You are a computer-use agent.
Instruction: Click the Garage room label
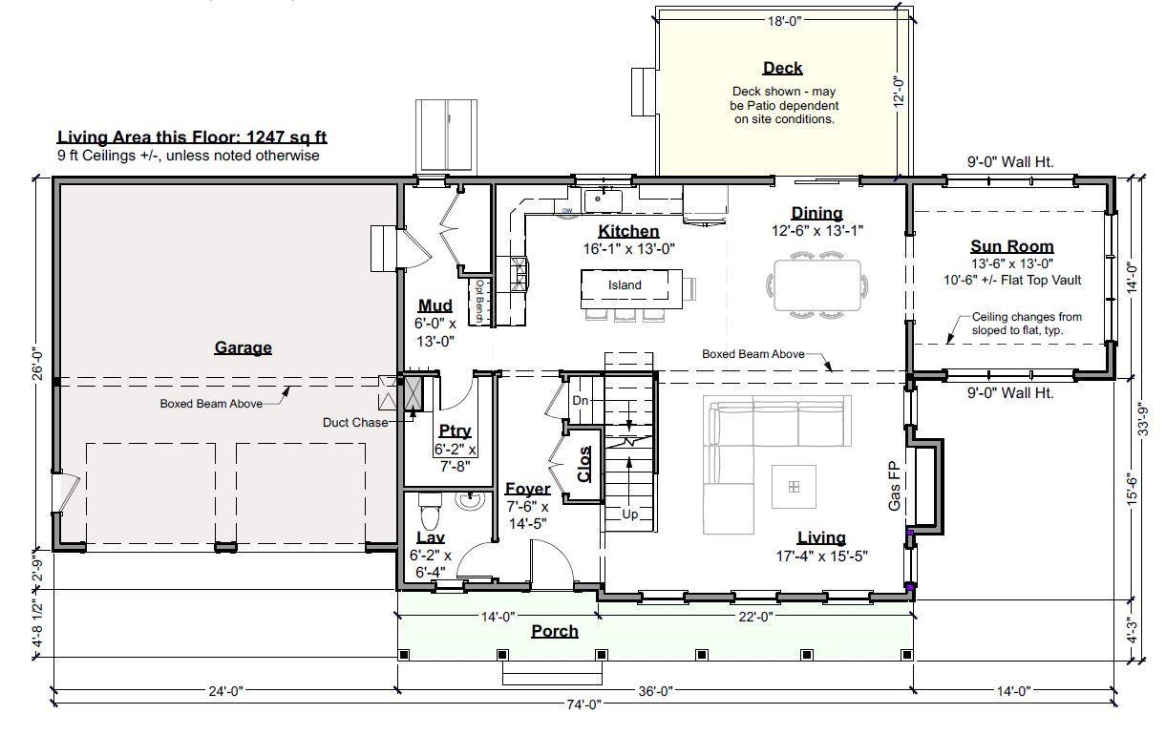pos(244,347)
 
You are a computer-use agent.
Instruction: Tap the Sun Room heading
pos(1012,246)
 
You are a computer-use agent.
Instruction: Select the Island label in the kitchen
pos(625,285)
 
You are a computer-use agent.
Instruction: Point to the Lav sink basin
pos(471,500)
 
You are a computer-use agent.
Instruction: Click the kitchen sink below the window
pos(603,200)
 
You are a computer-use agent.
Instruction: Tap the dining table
pos(817,285)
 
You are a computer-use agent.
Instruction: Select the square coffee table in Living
pos(794,487)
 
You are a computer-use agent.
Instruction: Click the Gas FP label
pos(894,487)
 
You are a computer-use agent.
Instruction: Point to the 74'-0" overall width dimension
pos(583,704)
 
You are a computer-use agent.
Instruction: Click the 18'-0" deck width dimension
pos(784,21)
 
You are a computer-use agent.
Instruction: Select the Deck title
pos(782,68)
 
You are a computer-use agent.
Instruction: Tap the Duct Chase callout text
pos(355,422)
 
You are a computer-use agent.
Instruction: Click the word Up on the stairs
pos(630,514)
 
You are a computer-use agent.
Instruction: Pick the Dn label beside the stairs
pos(581,401)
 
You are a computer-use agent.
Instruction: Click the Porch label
pos(555,632)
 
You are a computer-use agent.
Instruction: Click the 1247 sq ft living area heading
pos(192,136)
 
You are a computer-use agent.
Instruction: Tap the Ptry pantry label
pos(455,431)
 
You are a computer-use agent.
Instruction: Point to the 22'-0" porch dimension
pos(755,617)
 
